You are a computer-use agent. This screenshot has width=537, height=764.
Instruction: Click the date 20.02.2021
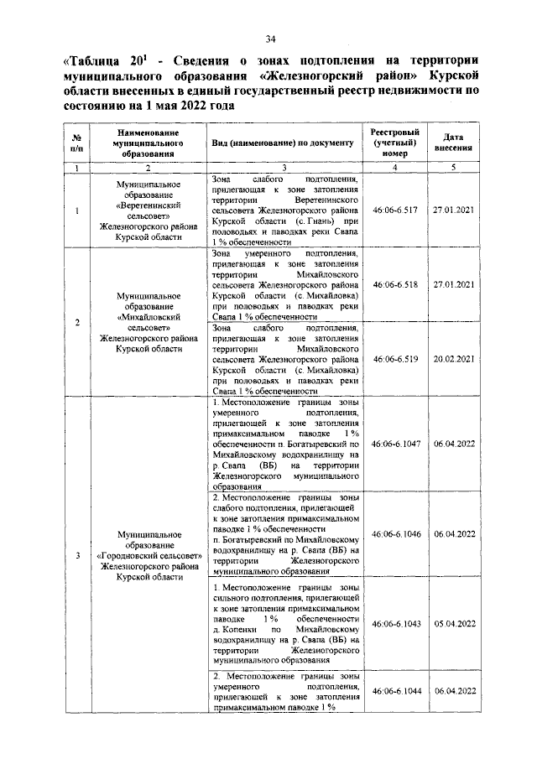tap(455, 358)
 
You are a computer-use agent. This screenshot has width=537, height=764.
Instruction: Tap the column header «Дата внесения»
tap(455, 143)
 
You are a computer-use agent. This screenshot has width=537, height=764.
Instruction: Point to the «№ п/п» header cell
tap(76, 143)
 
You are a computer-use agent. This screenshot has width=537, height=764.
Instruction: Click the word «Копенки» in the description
tap(242, 628)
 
